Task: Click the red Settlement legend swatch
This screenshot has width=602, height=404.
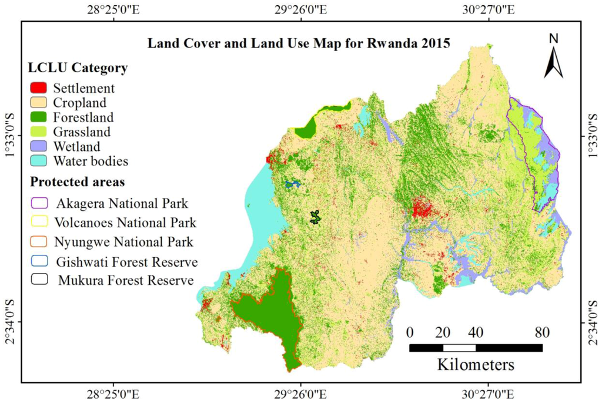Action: coord(39,89)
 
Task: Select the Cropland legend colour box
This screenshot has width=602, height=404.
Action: coord(39,103)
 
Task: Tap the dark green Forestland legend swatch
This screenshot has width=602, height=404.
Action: coord(39,117)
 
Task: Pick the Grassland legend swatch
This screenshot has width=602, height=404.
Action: coord(39,132)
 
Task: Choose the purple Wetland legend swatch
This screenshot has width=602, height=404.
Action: coord(39,146)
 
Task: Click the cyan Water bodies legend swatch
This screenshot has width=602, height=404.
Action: coord(39,160)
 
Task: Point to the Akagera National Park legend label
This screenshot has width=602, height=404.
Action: coord(122,204)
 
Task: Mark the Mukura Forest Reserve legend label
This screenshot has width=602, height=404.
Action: coord(126,280)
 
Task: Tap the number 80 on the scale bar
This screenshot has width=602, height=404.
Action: coord(541,332)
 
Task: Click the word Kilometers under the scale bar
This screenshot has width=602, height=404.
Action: coord(475,364)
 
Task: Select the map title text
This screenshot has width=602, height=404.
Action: coord(304,43)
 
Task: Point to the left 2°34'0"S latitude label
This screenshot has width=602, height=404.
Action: coord(9,322)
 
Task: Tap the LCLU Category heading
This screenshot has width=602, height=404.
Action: coord(78,68)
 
